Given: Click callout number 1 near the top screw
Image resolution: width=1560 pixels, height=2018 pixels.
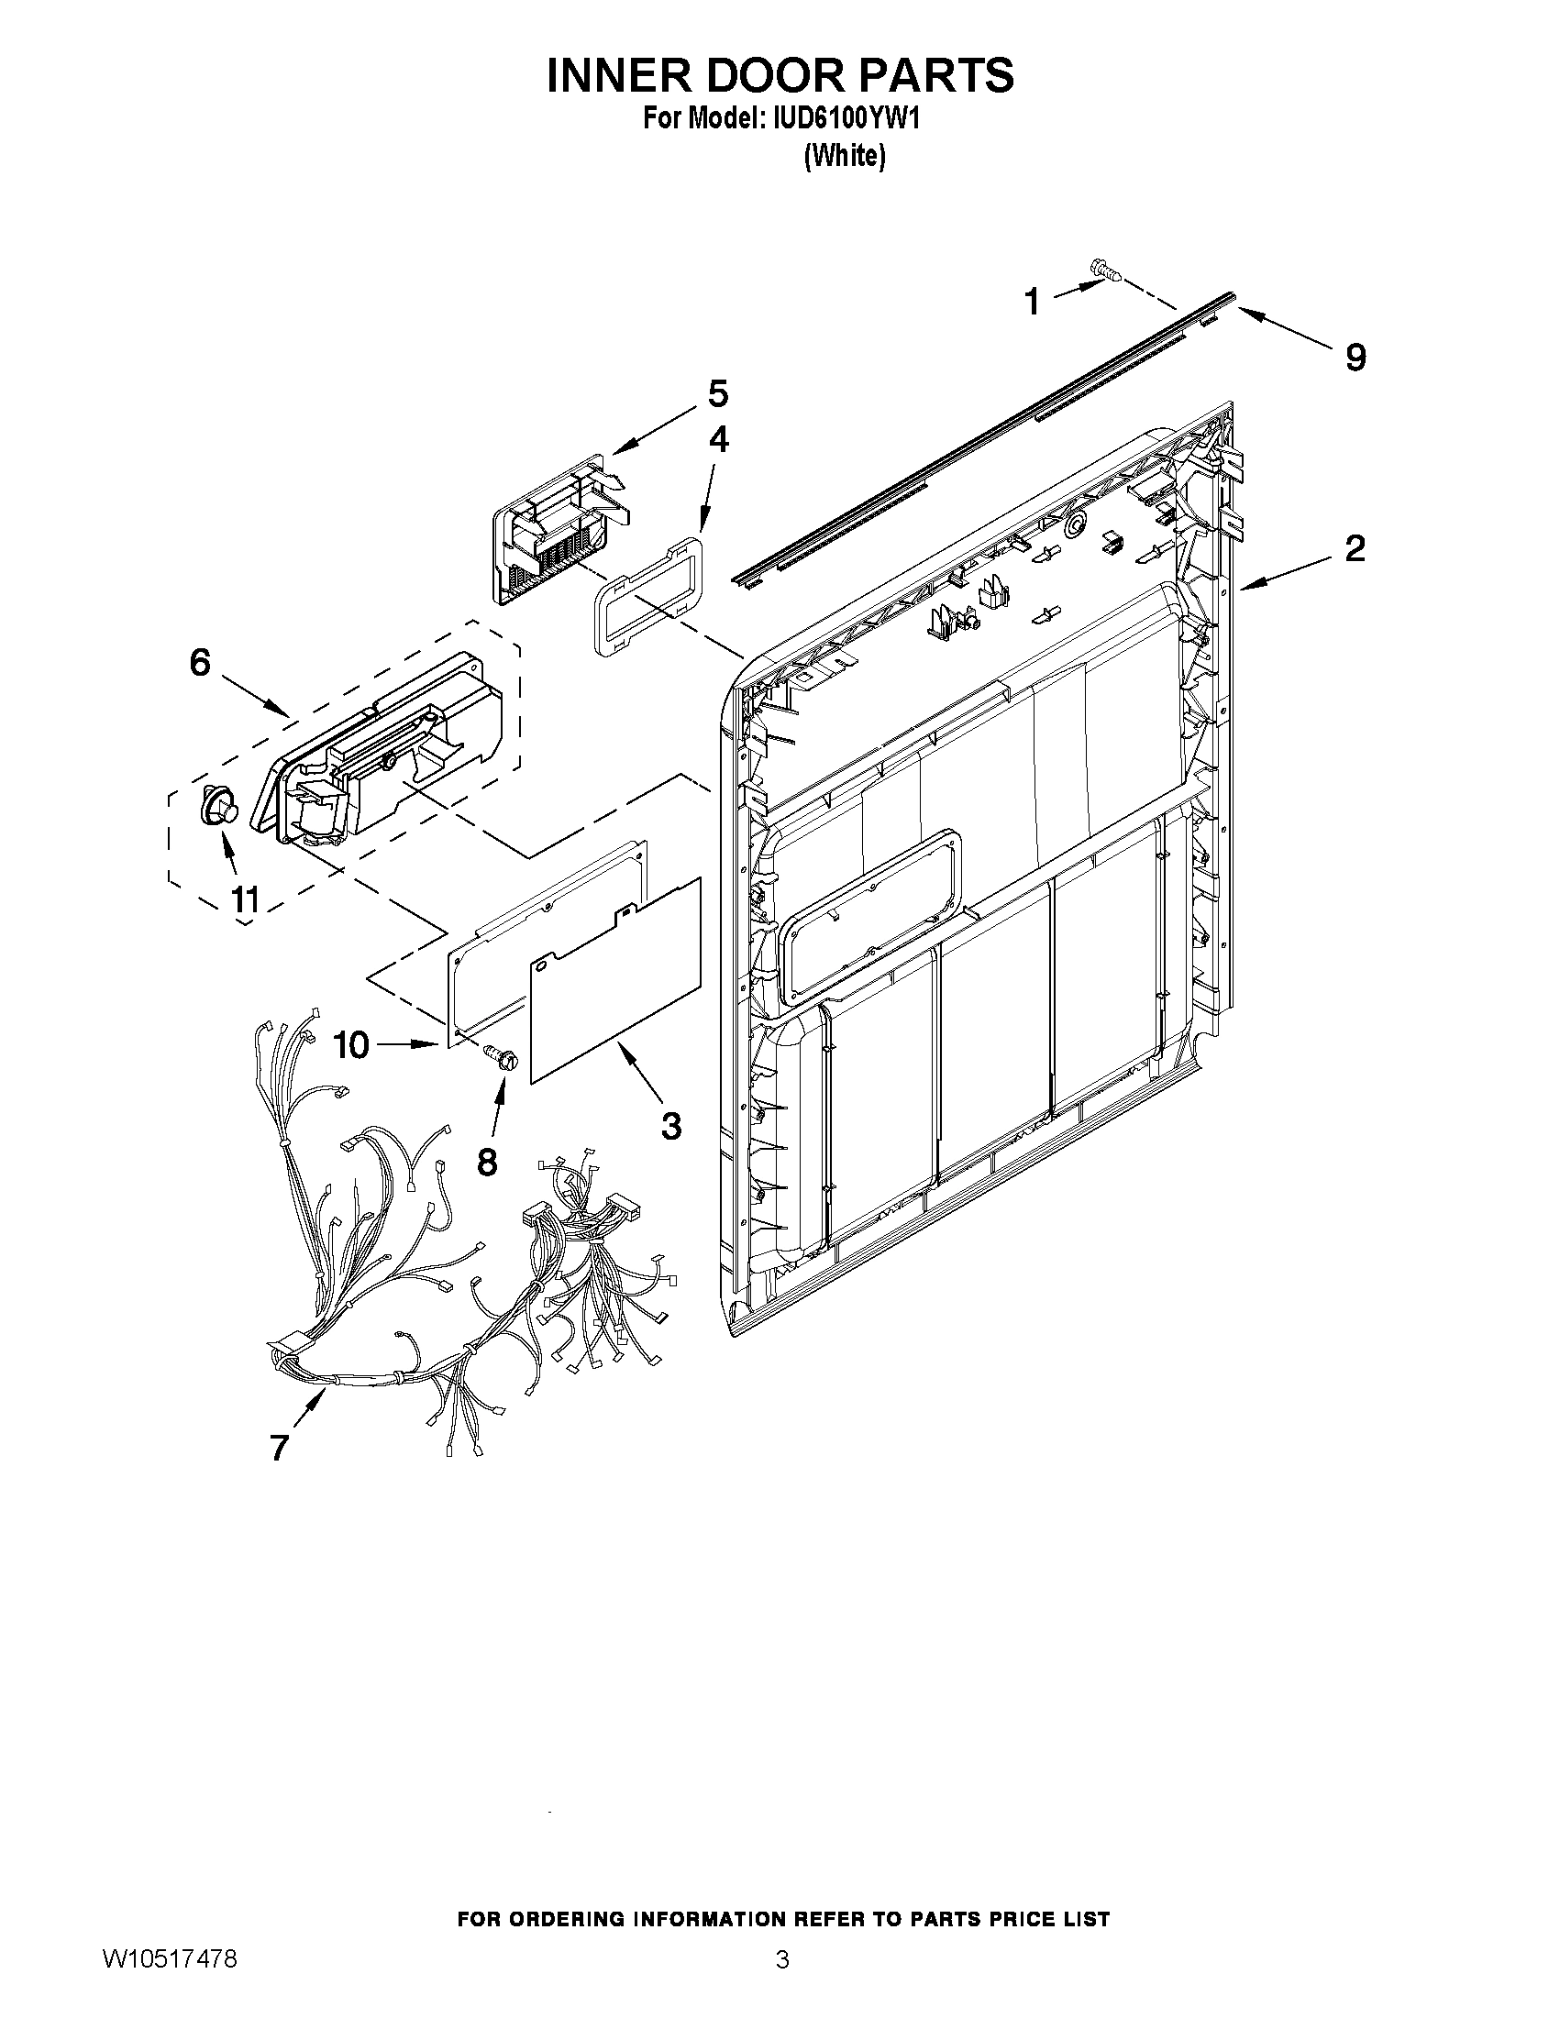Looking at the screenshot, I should click(1034, 302).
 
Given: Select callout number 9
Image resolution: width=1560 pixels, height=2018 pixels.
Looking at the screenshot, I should click(1355, 357).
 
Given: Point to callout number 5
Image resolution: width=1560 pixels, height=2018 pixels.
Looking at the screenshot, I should click(717, 394).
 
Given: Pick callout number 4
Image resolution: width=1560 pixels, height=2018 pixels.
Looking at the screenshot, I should click(718, 440).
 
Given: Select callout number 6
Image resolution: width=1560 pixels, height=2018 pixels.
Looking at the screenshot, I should click(200, 662).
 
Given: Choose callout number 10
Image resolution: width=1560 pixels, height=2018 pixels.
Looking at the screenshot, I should click(351, 1045).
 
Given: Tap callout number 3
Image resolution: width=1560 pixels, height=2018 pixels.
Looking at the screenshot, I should click(671, 1125).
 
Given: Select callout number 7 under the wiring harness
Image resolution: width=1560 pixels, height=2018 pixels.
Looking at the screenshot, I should click(279, 1447).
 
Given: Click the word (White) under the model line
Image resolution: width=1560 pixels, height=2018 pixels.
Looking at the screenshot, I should click(845, 156).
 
